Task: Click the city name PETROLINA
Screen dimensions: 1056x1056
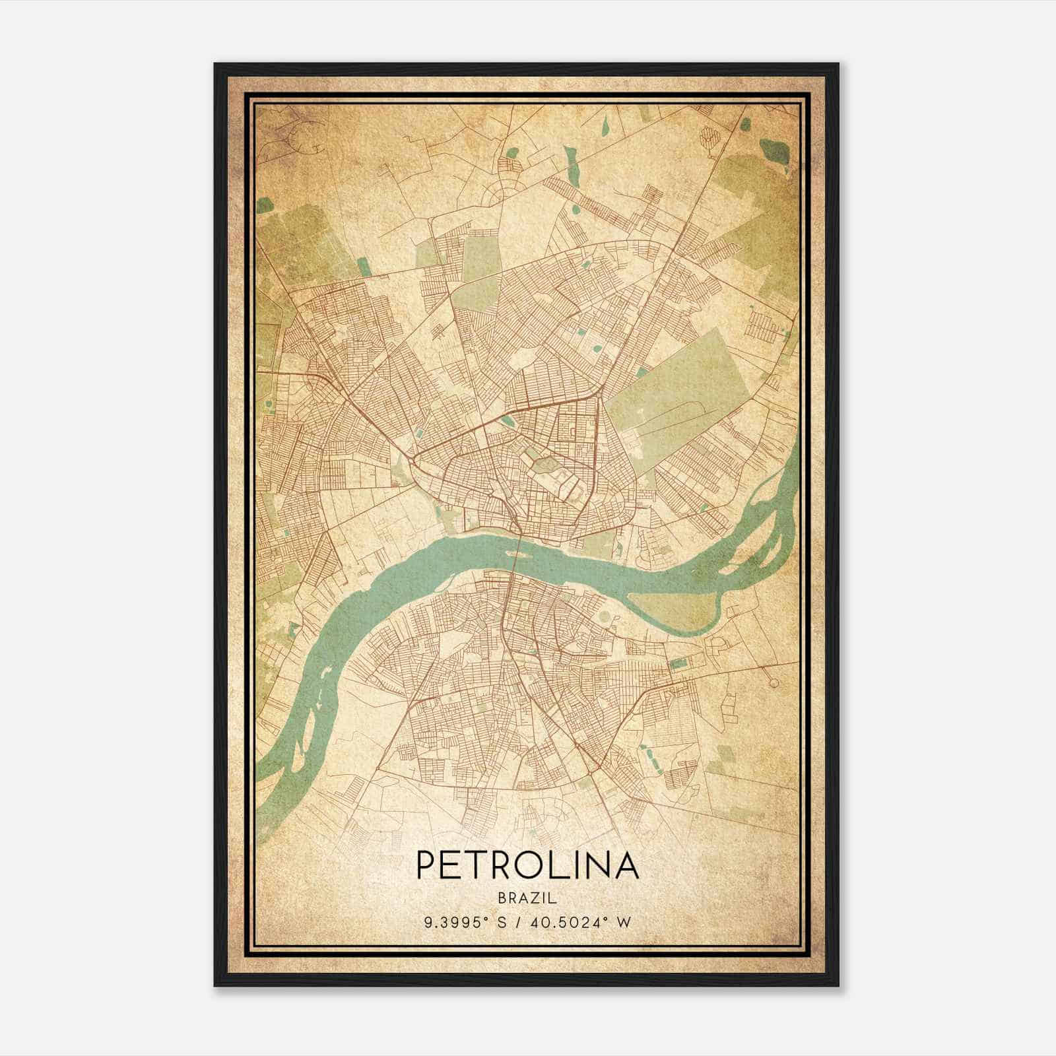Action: coord(527,865)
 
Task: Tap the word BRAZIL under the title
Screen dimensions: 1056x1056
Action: coord(527,898)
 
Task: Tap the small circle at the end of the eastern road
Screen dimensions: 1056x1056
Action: coord(771,679)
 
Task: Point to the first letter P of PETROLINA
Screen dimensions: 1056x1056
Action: coord(426,865)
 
